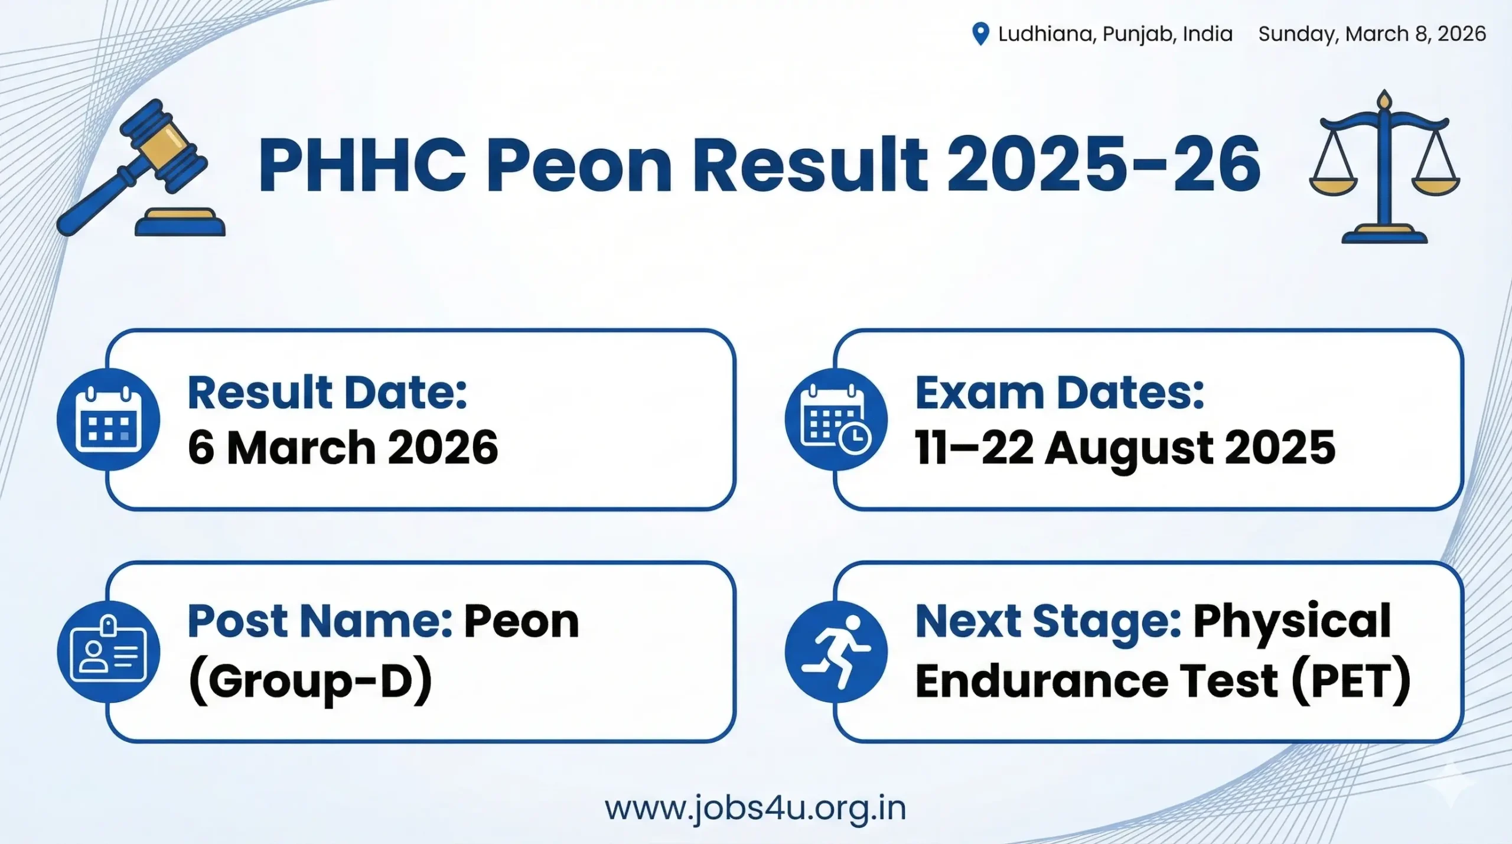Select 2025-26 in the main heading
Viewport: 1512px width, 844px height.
pyautogui.click(x=1103, y=164)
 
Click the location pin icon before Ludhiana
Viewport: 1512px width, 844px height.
pyautogui.click(x=980, y=34)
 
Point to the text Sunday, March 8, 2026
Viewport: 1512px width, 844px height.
pyautogui.click(x=1371, y=34)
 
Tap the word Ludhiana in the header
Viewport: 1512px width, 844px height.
pyautogui.click(x=1044, y=34)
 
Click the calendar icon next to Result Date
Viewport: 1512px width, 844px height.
pyautogui.click(x=109, y=419)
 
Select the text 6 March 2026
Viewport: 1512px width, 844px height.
pyautogui.click(x=343, y=448)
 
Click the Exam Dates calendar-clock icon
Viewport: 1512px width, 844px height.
pyautogui.click(x=836, y=419)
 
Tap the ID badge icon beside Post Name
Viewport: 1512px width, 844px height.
pyautogui.click(x=109, y=652)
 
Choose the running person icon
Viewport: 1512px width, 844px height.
pyautogui.click(x=836, y=652)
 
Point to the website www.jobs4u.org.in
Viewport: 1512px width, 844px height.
pyautogui.click(x=755, y=808)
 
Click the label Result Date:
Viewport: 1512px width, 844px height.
pyautogui.click(x=327, y=393)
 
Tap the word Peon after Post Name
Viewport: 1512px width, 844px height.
pyautogui.click(x=521, y=621)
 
